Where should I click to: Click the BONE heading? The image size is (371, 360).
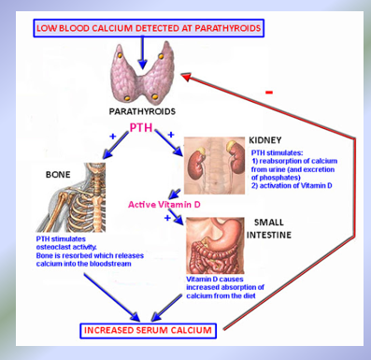pos(59,174)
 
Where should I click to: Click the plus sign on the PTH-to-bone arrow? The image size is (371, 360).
pos(114,137)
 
